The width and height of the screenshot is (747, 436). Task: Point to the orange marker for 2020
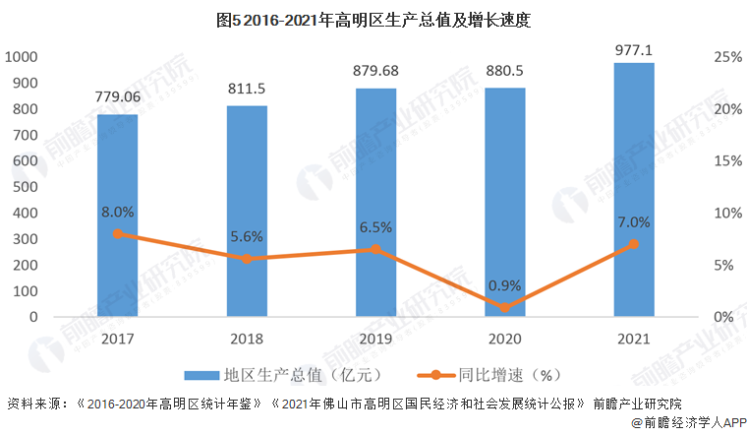pos(504,307)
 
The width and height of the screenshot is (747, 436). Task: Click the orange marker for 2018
pos(247,259)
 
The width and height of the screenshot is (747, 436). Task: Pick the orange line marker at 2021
pos(634,244)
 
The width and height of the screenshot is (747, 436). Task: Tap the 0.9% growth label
pos(504,284)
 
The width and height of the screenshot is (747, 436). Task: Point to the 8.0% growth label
pos(117,211)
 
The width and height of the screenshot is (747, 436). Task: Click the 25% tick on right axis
pos(726,57)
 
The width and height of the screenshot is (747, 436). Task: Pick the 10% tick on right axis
pos(726,214)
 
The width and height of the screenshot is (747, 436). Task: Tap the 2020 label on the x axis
pos(504,339)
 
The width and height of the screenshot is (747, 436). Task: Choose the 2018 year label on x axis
pos(247,339)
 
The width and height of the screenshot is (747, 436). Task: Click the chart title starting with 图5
pos(373,19)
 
